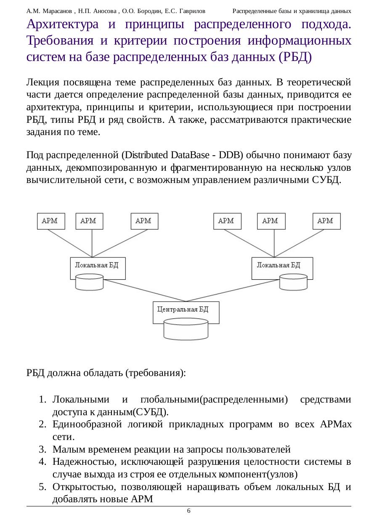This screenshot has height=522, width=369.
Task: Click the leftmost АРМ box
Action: click(x=51, y=221)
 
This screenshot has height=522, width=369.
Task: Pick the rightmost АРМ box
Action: click(x=326, y=221)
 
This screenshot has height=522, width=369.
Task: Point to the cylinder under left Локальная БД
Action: click(x=89, y=282)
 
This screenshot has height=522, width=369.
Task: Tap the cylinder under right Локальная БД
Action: click(x=294, y=282)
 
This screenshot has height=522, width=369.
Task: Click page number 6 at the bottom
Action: click(x=188, y=511)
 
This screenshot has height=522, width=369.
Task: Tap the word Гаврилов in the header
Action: click(x=192, y=10)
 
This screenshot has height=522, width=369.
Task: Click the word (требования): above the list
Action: click(x=156, y=374)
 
